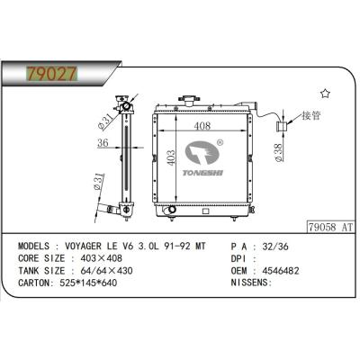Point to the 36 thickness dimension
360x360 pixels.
[x=104, y=145]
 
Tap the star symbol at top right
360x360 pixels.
[x=326, y=94]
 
